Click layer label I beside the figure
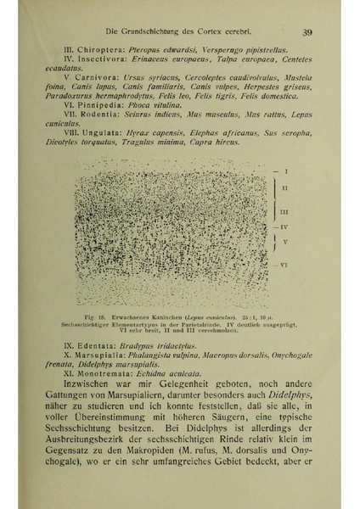click(286, 171)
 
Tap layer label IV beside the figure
click(286, 227)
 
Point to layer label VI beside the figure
click(286, 266)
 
